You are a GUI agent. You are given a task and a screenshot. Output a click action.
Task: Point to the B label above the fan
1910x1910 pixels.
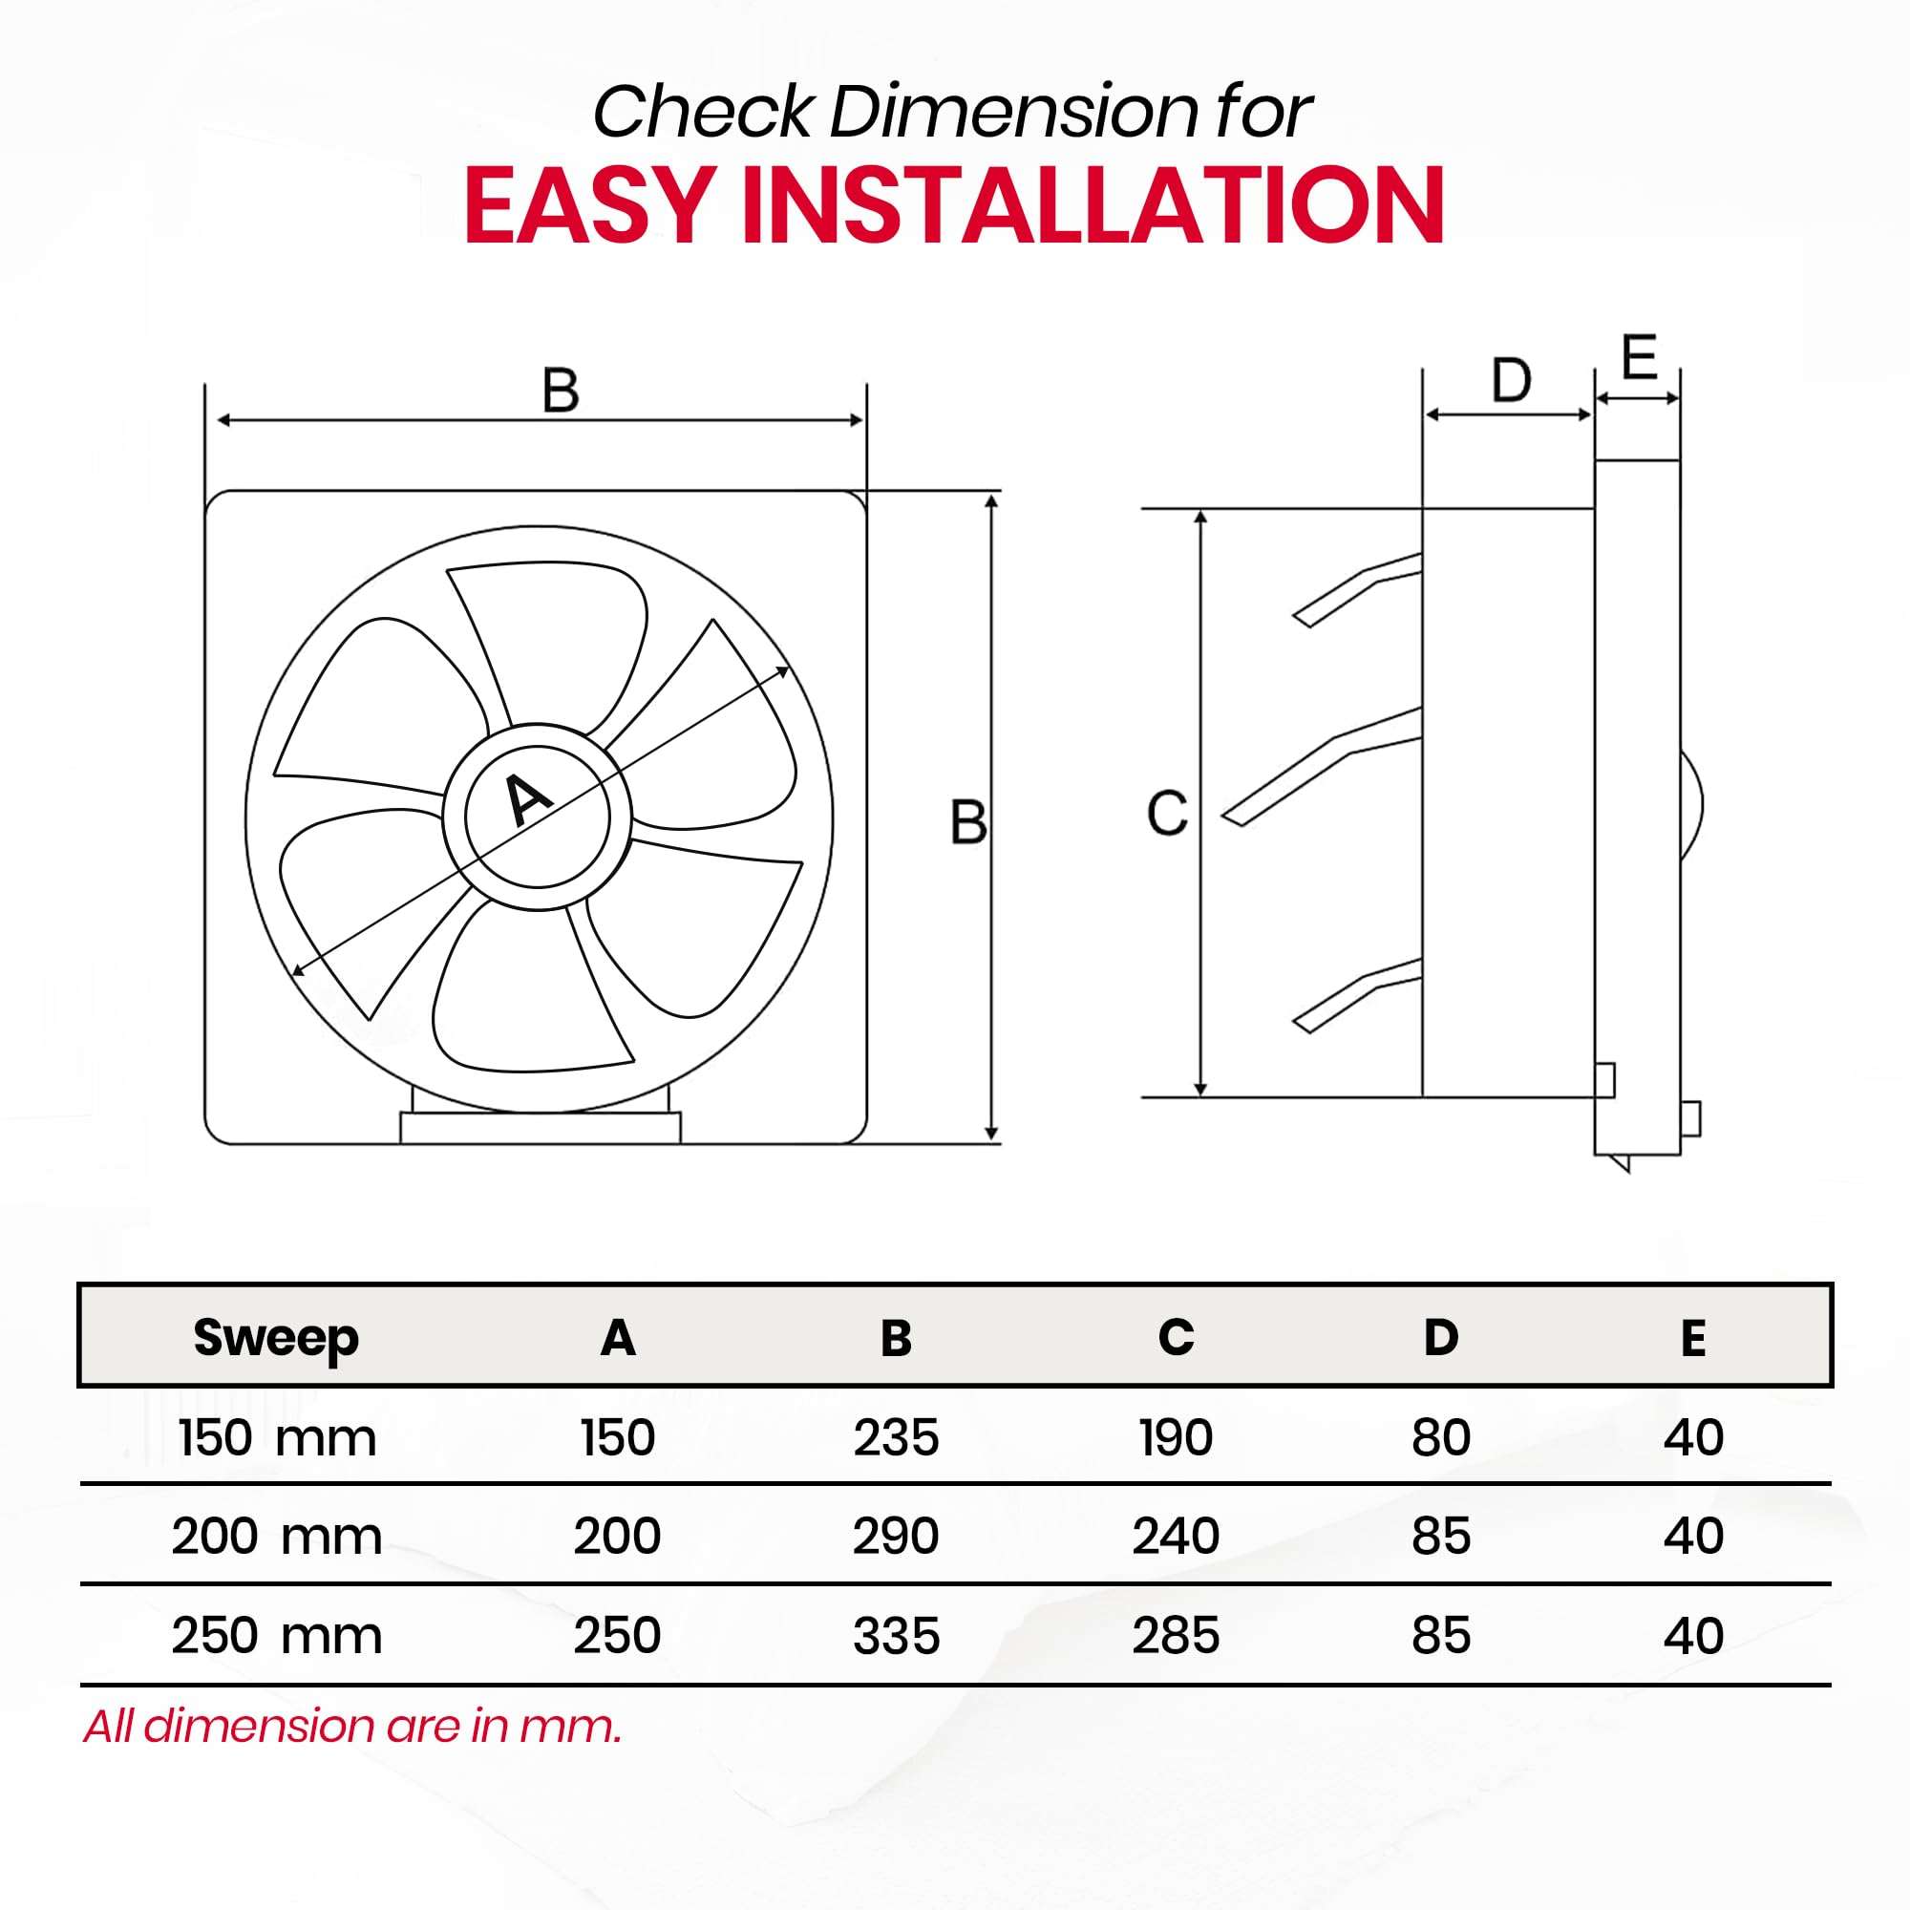point(561,390)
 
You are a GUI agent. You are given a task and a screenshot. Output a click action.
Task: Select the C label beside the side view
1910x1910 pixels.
point(1167,814)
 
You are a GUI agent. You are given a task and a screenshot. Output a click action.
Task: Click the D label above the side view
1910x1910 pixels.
point(1511,381)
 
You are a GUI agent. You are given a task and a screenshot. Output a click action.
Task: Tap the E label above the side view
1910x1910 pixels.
point(1639,358)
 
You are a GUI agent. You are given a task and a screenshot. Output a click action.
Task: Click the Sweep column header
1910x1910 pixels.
point(276,1339)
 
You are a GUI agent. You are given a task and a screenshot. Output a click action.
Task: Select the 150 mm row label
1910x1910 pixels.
point(278,1437)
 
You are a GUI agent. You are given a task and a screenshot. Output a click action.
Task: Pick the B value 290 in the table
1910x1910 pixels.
point(896,1536)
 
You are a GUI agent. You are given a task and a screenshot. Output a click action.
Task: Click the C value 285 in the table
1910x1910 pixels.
point(1176,1635)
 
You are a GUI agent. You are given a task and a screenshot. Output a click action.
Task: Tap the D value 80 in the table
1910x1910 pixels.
point(1440,1437)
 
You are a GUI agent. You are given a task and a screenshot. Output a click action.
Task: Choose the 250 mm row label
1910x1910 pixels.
point(277,1635)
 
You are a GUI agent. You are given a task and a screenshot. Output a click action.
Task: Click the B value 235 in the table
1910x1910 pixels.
point(896,1437)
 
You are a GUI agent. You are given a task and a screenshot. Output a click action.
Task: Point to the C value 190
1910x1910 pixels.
point(1176,1437)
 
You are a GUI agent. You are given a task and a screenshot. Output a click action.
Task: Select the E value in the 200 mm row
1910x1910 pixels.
point(1693,1536)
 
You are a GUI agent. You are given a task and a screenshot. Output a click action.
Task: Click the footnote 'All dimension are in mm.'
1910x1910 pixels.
point(353,1726)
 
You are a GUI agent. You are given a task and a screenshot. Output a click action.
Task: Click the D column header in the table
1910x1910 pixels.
point(1440,1338)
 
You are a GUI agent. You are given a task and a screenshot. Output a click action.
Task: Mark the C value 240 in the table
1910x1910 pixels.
point(1176,1536)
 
